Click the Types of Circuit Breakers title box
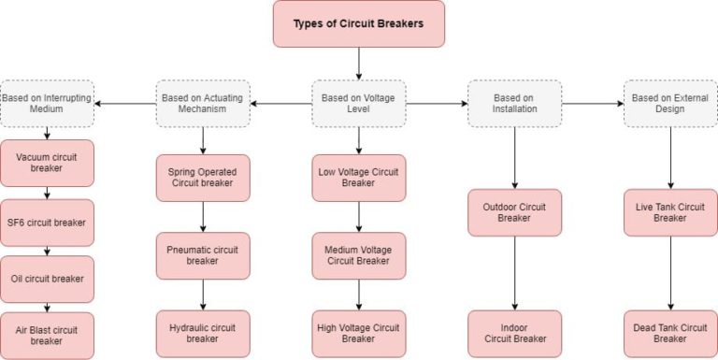click(359, 23)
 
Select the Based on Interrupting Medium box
click(47, 103)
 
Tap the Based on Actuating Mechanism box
click(203, 103)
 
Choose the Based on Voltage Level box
click(359, 103)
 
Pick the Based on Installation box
click(514, 103)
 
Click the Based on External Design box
click(670, 103)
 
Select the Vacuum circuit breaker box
click(47, 163)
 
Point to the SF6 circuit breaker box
click(47, 223)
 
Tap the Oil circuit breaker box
click(47, 279)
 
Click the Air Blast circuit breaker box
click(47, 335)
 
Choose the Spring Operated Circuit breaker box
click(203, 178)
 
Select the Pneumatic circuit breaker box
click(203, 255)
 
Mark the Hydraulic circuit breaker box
click(203, 334)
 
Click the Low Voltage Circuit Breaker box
click(359, 178)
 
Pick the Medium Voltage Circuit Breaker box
click(359, 255)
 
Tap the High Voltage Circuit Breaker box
click(359, 334)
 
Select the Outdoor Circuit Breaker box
click(514, 212)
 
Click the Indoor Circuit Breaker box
click(514, 334)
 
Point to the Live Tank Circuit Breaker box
click(670, 212)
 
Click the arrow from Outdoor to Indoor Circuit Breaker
click(514, 273)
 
